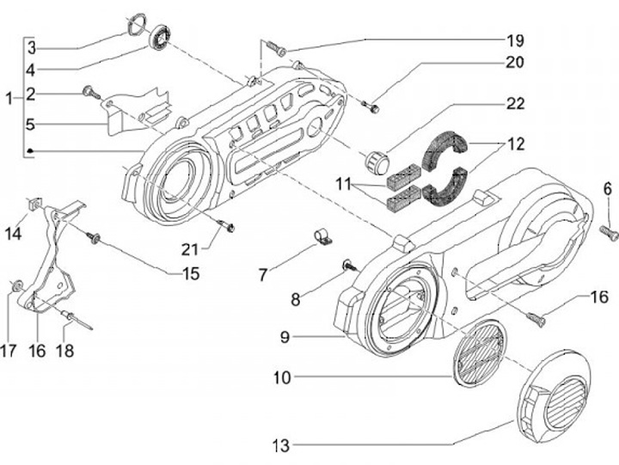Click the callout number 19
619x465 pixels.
pos(514,40)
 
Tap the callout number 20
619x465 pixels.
pos(514,62)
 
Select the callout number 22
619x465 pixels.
pos(514,103)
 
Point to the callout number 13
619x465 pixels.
pos(279,445)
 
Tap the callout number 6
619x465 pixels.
pos(606,189)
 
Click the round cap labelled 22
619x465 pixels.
pos(377,161)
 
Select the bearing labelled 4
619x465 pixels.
pos(159,39)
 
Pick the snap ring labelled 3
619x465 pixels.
pos(136,23)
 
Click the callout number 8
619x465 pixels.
pos(296,300)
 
